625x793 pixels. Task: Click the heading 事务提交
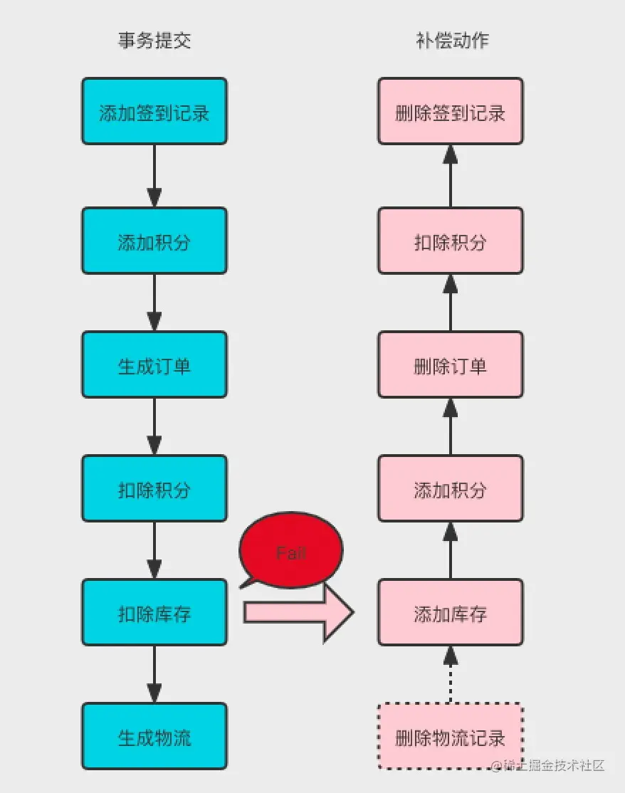[154, 41]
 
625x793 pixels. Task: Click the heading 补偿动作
[452, 41]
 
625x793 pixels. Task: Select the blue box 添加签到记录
[154, 112]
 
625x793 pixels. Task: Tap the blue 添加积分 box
[154, 241]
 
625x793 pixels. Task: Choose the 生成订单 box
[154, 364]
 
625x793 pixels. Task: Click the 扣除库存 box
[154, 612]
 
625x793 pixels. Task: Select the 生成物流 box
[154, 736]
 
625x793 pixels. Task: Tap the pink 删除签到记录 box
[450, 112]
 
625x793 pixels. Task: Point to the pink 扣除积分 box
[450, 241]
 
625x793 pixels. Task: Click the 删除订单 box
[450, 364]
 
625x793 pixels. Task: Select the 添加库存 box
[450, 612]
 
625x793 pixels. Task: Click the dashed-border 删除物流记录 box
[450, 736]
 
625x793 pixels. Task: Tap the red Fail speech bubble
[291, 552]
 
